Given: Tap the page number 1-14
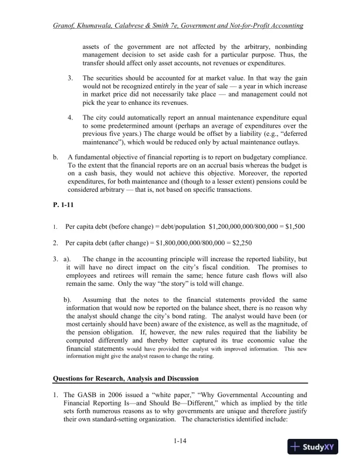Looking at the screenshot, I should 180,440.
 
